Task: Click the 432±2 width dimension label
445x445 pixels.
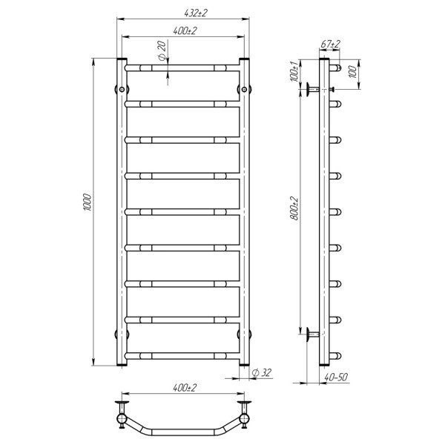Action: [x=196, y=13]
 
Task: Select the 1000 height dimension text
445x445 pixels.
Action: [x=88, y=202]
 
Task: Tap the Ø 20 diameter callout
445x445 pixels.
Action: [x=161, y=50]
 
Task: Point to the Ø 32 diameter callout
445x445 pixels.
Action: [x=262, y=372]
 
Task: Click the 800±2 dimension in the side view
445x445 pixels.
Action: [x=295, y=208]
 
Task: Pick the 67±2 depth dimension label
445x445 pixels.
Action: [x=330, y=44]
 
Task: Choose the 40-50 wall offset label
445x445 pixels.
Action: [x=336, y=377]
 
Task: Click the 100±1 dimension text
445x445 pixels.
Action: [x=294, y=71]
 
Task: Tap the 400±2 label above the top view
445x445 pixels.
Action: [x=185, y=388]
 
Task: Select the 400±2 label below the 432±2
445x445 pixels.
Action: [x=185, y=30]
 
